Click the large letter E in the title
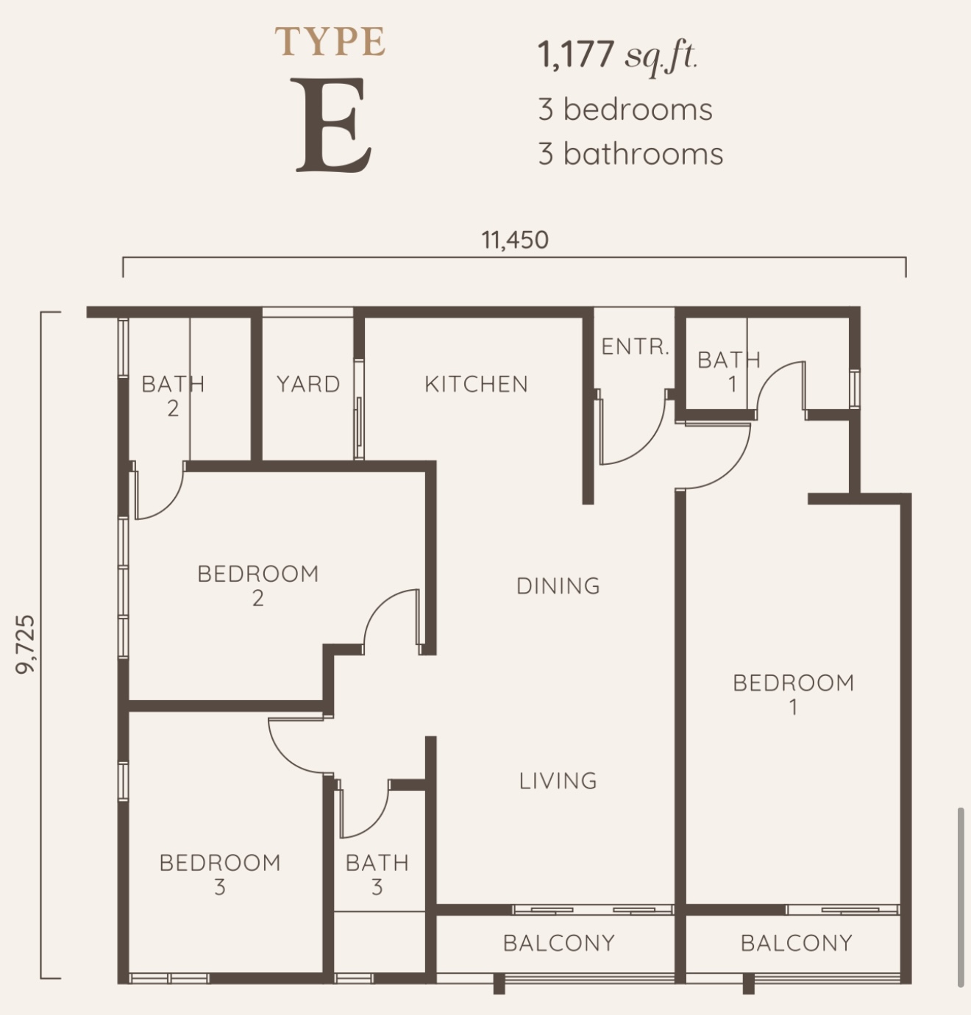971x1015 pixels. (333, 125)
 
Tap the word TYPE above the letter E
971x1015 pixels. (330, 41)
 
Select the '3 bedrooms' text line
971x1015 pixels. (625, 110)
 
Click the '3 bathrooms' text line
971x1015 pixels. (630, 154)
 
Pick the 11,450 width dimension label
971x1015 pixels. (514, 240)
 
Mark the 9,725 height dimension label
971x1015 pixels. (25, 645)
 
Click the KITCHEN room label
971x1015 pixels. (477, 385)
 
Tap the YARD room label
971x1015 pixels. (308, 385)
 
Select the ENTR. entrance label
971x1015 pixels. (635, 347)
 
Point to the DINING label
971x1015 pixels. (558, 586)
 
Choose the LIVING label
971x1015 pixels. (558, 781)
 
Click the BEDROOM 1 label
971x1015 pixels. (793, 695)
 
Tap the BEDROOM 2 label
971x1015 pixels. (257, 585)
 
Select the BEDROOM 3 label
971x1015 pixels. (220, 875)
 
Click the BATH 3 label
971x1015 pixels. (377, 875)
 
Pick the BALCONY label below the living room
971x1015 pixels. (559, 943)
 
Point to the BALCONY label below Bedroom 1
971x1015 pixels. (796, 943)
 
